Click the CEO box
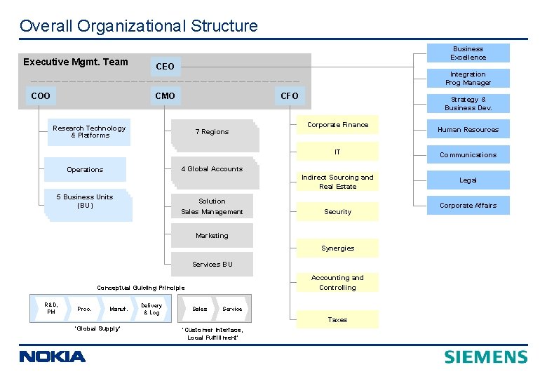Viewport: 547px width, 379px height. click(x=165, y=67)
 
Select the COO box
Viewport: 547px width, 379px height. click(x=41, y=95)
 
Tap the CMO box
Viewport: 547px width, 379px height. click(x=165, y=95)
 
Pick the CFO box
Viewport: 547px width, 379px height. click(x=289, y=95)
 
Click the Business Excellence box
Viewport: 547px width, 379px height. click(x=468, y=53)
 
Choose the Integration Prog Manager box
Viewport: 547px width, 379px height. click(x=468, y=79)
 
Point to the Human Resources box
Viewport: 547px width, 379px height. click(x=468, y=129)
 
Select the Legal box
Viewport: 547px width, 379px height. click(x=468, y=180)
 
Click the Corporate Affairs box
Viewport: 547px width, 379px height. click(x=468, y=206)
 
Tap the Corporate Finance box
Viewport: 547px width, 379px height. click(x=337, y=125)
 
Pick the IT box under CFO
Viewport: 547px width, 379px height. click(x=337, y=152)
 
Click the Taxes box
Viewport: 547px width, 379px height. click(x=337, y=319)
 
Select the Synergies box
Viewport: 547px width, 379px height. click(x=337, y=248)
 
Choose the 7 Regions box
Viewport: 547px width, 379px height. click(x=212, y=132)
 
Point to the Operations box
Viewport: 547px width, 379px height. click(x=85, y=170)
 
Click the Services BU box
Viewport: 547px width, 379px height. click(x=212, y=265)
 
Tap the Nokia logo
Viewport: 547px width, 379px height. click(x=53, y=357)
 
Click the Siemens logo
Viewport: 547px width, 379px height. click(x=485, y=357)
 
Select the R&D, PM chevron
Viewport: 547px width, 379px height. click(x=50, y=308)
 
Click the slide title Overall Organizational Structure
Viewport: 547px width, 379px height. click(x=139, y=27)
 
